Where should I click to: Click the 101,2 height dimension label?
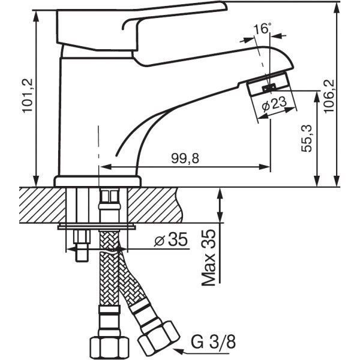[x=28, y=95]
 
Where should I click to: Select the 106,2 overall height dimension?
[x=329, y=96]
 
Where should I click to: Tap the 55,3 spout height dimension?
[x=307, y=138]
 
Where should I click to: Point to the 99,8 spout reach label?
[x=185, y=158]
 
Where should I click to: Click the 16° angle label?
[x=262, y=28]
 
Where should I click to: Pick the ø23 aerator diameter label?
[x=274, y=104]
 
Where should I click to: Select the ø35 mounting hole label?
[x=171, y=239]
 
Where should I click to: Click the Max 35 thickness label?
[x=209, y=257]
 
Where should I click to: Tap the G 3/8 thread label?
[x=214, y=341]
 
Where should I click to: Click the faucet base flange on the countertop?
[x=97, y=181]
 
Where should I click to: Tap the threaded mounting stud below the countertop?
[x=82, y=245]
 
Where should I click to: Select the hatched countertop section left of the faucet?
[x=42, y=205]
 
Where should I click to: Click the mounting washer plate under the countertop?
[x=97, y=227]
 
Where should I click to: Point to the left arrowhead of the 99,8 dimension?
[x=105, y=167]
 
